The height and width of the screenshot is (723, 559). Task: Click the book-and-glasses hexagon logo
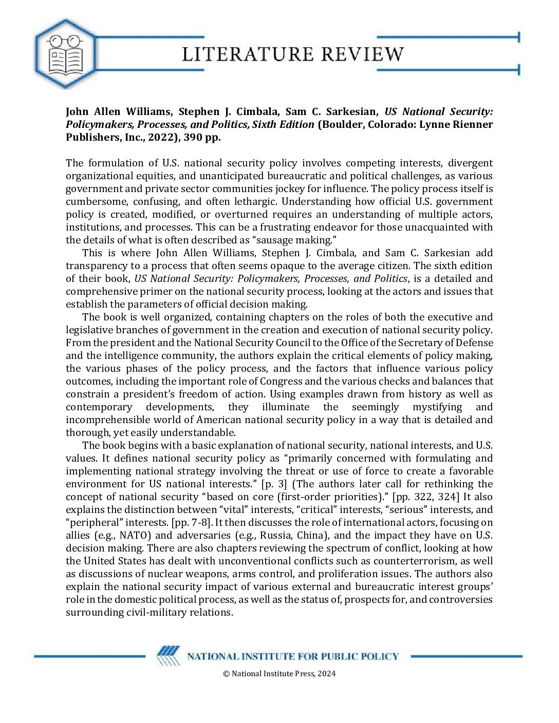pos(65,53)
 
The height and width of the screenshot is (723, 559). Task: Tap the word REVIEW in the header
pos(363,54)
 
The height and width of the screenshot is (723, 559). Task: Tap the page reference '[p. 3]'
pos(274,484)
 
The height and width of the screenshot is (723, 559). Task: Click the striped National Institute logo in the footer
pos(168,656)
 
